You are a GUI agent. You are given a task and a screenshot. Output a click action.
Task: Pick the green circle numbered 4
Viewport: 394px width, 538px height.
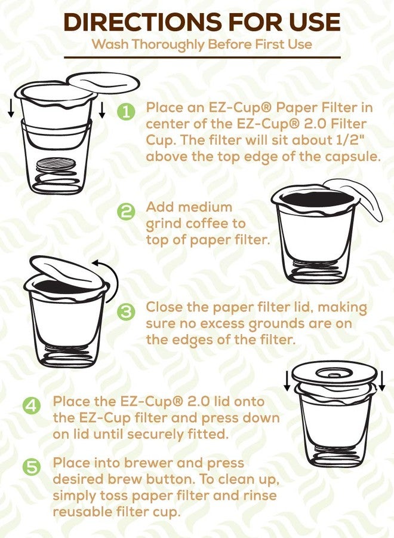tap(32, 405)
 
